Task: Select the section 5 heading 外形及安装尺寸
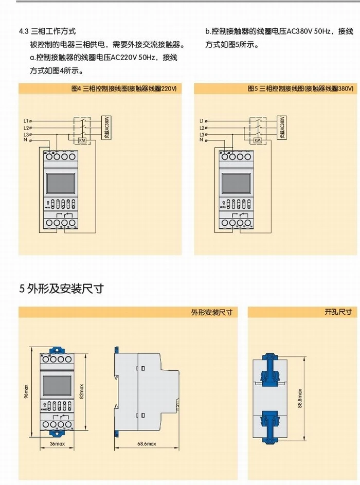[61, 289]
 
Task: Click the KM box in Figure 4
[81, 140]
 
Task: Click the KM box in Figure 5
[258, 140]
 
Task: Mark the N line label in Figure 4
[26, 140]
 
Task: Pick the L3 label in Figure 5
[202, 134]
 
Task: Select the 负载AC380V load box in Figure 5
[282, 128]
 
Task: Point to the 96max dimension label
[26, 391]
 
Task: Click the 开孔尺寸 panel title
[338, 312]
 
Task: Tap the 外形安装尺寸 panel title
[211, 312]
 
